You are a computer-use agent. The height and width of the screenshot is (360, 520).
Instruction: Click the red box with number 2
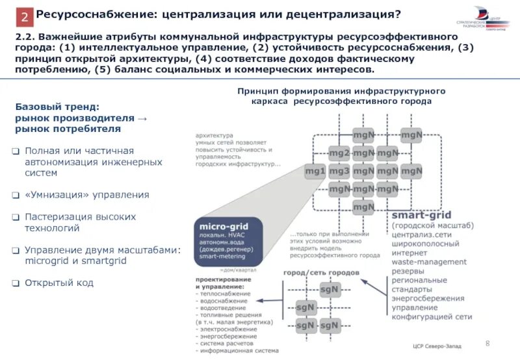click(24, 17)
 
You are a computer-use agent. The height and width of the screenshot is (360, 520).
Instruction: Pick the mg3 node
click(339, 171)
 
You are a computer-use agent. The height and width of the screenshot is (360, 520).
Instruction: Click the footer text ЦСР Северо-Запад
click(437, 346)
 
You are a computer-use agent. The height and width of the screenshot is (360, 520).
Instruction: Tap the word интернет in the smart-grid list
click(411, 252)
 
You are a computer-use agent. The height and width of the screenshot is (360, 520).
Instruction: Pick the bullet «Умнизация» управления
click(87, 194)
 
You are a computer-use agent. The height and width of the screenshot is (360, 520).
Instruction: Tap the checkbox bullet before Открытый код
click(16, 283)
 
